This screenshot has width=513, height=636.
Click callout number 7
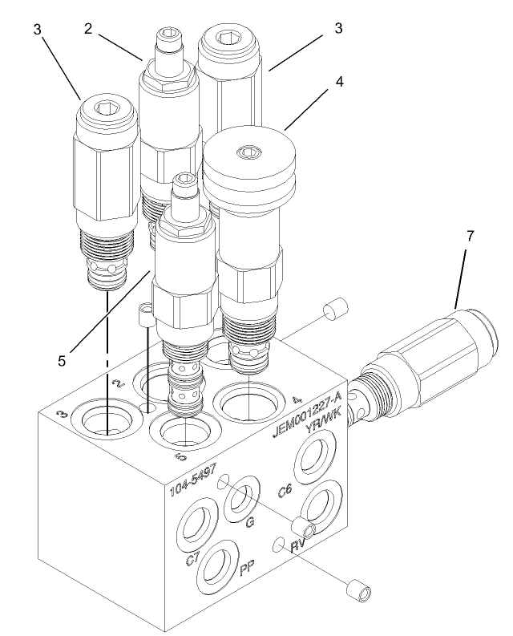tap(471, 237)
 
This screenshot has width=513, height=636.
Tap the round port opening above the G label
tap(239, 503)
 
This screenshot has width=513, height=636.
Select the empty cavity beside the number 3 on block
tap(107, 420)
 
